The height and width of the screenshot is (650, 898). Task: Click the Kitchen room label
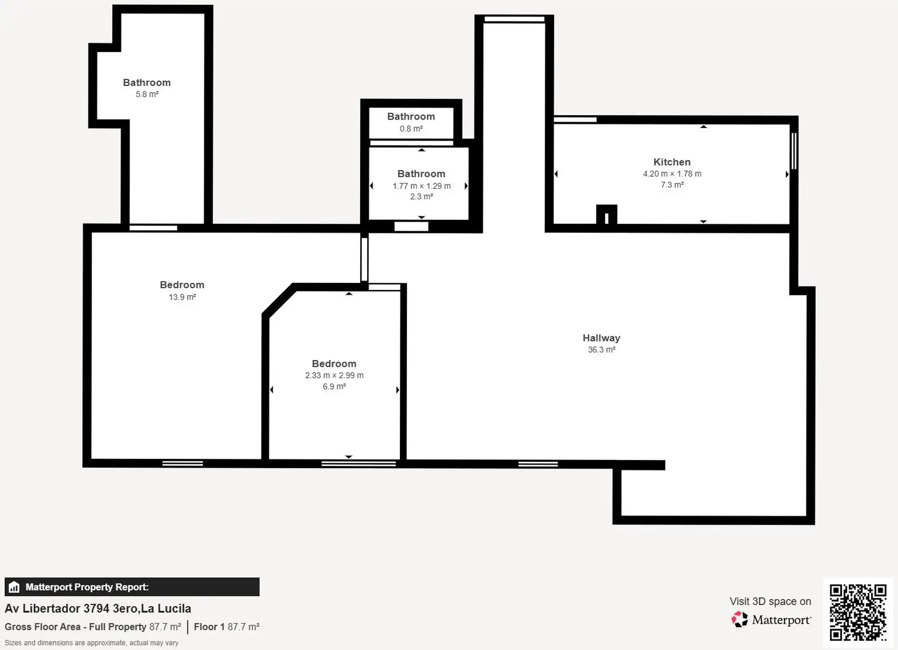(x=672, y=162)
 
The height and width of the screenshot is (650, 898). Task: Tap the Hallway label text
(x=601, y=338)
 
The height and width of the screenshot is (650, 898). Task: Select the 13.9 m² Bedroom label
(x=182, y=285)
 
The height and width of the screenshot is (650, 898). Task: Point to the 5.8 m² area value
(x=147, y=94)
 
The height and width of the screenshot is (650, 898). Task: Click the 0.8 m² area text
(x=411, y=129)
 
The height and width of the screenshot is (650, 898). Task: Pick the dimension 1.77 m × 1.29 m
(x=421, y=186)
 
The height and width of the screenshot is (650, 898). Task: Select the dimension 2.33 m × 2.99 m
(x=334, y=375)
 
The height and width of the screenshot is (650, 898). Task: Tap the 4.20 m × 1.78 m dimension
(x=672, y=173)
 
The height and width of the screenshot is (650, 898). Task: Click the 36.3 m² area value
(x=601, y=349)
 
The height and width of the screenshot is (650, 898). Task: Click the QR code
(x=858, y=612)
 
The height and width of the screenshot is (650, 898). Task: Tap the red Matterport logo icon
(x=739, y=619)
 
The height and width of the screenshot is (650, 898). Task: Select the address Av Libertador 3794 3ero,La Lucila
(x=98, y=608)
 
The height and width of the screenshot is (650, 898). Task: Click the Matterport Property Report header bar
(x=132, y=587)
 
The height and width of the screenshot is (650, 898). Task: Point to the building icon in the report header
(x=14, y=587)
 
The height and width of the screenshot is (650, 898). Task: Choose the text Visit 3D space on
(x=770, y=601)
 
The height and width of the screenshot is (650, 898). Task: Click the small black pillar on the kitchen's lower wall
(x=607, y=215)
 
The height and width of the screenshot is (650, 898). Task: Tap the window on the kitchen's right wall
(x=794, y=151)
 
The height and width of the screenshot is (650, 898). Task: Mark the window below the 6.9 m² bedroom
(x=359, y=464)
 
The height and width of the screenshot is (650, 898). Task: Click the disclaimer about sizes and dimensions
(x=92, y=643)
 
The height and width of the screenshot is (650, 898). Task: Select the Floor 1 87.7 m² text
(x=227, y=627)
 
